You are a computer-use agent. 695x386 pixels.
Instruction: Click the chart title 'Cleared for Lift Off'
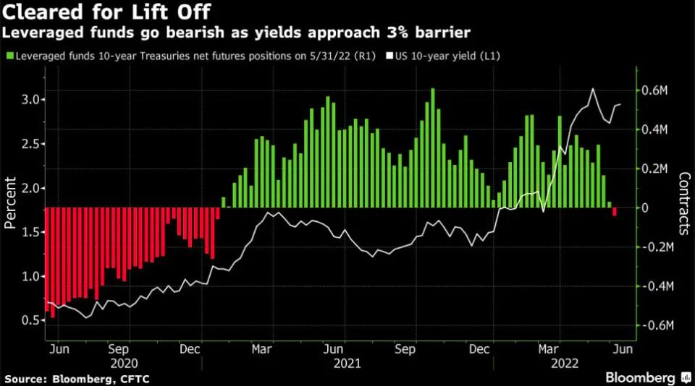(107, 13)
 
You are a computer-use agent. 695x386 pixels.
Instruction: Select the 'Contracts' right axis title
(684, 204)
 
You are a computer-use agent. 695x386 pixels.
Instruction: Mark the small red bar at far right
(615, 212)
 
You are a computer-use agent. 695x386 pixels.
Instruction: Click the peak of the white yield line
(593, 90)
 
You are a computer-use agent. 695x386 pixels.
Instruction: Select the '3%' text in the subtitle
(429, 33)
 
